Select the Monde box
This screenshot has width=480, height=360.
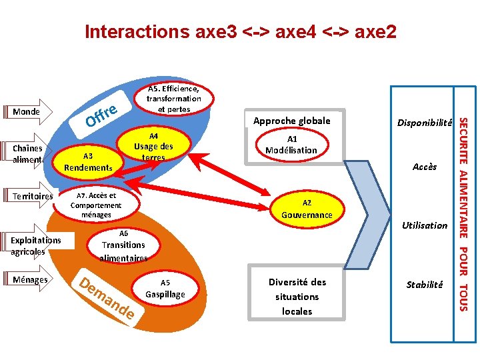coord(26,112)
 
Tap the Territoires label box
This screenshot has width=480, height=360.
coord(32,197)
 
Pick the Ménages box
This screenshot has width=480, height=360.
coord(30,280)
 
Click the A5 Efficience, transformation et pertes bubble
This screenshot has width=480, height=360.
coord(174,99)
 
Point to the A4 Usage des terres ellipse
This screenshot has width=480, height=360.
coord(153,147)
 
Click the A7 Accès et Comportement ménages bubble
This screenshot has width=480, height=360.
coord(96,205)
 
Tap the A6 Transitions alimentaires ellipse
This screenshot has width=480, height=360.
coord(123,245)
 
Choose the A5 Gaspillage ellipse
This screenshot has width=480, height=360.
coord(165,288)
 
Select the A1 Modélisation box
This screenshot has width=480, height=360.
coord(291,145)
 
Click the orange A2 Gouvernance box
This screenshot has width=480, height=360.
coord(306,209)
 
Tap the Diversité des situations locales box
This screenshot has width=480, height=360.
coord(297,296)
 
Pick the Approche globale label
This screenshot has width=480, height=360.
coord(291,121)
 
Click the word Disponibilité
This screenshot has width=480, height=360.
coord(425,123)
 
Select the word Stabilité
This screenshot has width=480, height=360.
coord(425,285)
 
